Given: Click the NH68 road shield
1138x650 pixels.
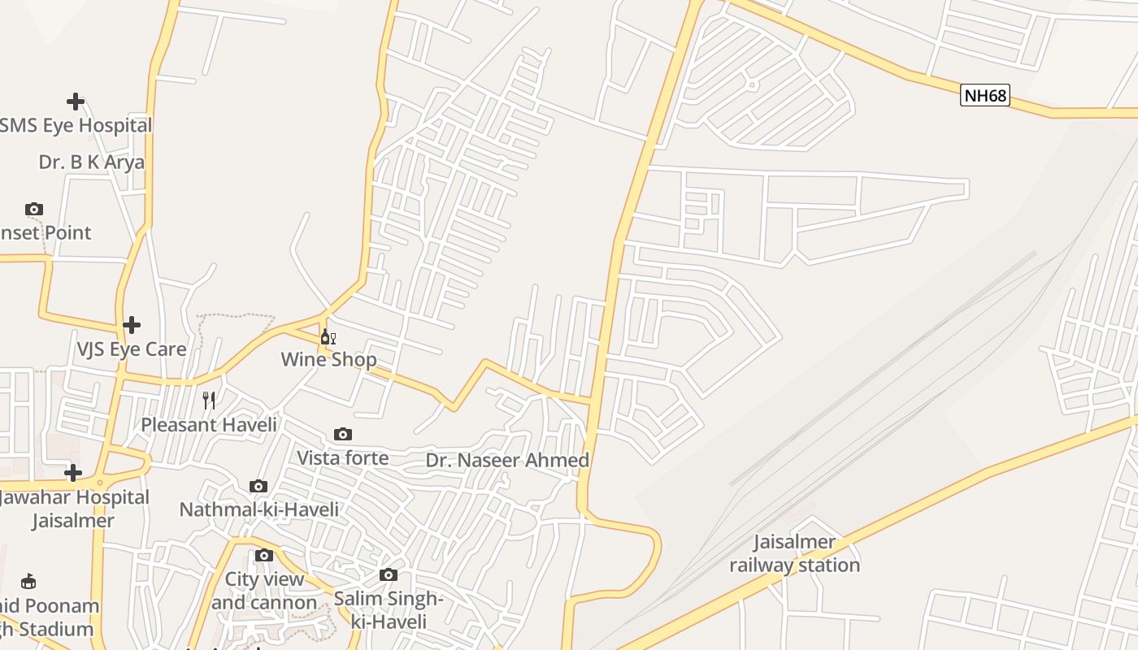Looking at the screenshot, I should [x=984, y=96].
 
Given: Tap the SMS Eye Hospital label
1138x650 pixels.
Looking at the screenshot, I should [x=76, y=126].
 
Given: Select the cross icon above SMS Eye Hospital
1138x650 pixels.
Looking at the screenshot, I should [x=76, y=102].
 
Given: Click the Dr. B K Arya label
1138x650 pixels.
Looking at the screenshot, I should [x=91, y=162].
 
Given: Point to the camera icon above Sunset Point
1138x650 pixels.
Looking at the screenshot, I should [x=33, y=210].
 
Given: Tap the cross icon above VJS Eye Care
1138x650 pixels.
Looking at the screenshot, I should [x=132, y=326].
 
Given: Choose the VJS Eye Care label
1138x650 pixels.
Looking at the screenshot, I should [x=132, y=349].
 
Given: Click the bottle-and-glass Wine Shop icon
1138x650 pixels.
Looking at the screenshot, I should [x=328, y=337].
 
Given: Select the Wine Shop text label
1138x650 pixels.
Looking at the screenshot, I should [x=328, y=359].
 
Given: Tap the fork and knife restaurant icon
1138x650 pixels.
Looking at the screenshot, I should [x=209, y=400].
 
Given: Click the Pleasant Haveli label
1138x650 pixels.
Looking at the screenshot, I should [x=209, y=424].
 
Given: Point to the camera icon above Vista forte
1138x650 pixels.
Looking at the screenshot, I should [x=343, y=435].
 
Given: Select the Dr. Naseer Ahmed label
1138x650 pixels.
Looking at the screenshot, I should [x=507, y=461].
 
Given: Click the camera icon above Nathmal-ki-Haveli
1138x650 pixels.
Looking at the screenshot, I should [x=258, y=487].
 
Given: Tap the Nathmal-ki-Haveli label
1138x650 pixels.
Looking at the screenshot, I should [x=258, y=509].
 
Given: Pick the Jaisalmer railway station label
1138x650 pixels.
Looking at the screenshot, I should [x=794, y=553].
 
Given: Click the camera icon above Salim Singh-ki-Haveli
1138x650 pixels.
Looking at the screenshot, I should [x=389, y=575].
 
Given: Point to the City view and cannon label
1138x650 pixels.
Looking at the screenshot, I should [x=264, y=591].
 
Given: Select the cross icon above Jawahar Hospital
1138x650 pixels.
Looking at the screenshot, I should [x=73, y=473].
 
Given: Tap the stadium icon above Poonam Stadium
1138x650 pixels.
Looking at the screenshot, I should [x=28, y=581].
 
